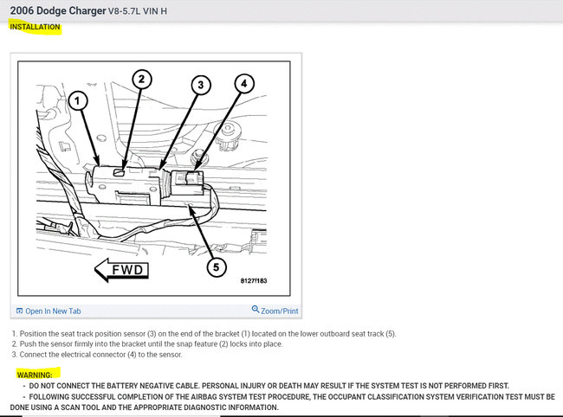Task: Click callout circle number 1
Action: pyautogui.click(x=78, y=102)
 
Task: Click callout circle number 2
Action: pyautogui.click(x=142, y=80)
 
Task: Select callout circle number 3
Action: pyautogui.click(x=201, y=85)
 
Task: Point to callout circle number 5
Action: pyautogui.click(x=217, y=266)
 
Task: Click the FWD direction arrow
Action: pyautogui.click(x=122, y=270)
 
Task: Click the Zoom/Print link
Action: pyautogui.click(x=275, y=311)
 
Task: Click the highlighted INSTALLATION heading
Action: pyautogui.click(x=36, y=27)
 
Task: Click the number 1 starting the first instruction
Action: pyautogui.click(x=15, y=333)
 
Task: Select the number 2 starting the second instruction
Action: pyautogui.click(x=15, y=344)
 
